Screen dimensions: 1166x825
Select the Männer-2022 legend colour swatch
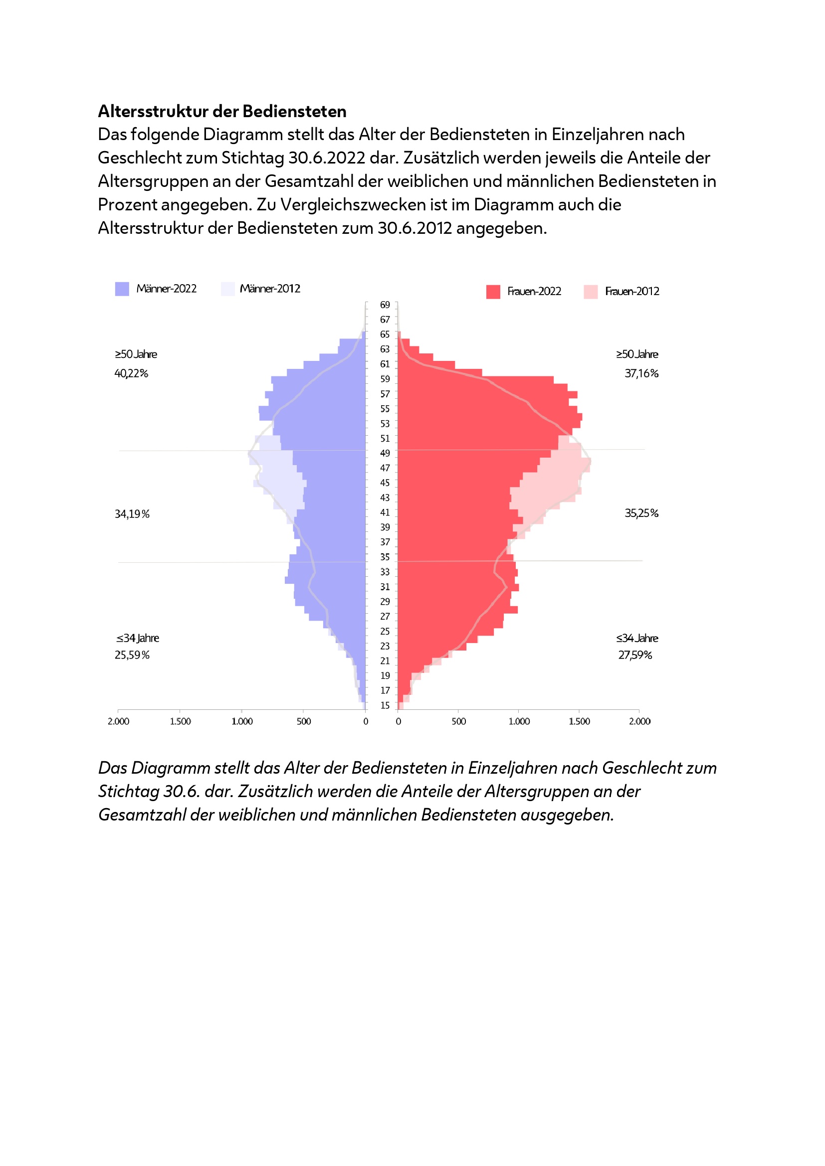[122, 289]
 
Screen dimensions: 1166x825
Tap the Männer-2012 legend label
[270, 289]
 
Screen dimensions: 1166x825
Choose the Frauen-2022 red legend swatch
[493, 292]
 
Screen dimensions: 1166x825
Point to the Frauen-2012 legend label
[632, 292]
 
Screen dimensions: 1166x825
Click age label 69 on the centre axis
[385, 305]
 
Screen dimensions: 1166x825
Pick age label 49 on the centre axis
[385, 453]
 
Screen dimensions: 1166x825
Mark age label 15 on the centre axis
[385, 705]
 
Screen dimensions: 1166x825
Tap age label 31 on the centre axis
[385, 587]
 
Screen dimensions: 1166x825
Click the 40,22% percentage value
[131, 374]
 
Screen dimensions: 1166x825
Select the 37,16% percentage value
[641, 374]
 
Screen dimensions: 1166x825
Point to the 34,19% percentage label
[132, 514]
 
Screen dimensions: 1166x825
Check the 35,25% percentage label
[641, 513]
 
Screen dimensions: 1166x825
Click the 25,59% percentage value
[132, 655]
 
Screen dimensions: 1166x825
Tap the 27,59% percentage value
[635, 655]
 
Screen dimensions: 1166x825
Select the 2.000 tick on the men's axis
[118, 722]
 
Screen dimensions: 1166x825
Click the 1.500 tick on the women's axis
[579, 722]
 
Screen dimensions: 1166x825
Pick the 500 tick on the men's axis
[304, 722]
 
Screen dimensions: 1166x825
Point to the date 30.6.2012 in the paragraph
[414, 228]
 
